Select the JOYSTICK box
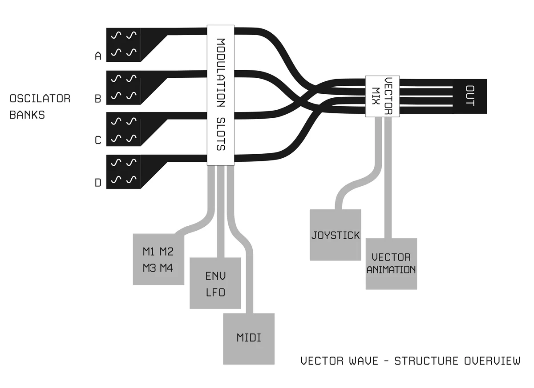pos(335,235)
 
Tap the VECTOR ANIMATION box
pos(391,264)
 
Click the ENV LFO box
pos(215,284)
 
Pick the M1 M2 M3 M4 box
pos(158,259)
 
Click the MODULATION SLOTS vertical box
pos(221,96)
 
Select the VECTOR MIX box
pos(382,96)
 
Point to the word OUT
pos(470,96)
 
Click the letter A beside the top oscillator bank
pos(98,56)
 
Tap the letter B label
pos(98,99)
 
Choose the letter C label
pos(98,140)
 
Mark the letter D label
pos(98,183)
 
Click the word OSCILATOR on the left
pos(40,99)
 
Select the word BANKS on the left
pos(27,115)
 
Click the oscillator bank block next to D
pos(124,172)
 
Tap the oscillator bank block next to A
pos(124,45)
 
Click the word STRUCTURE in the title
pos(426,360)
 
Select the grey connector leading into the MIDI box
pos(249,284)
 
